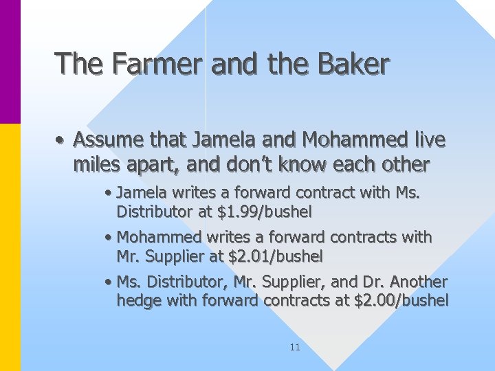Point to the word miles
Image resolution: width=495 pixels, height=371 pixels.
click(x=93, y=165)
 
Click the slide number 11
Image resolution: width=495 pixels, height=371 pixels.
click(x=295, y=347)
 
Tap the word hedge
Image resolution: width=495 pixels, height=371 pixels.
click(x=137, y=300)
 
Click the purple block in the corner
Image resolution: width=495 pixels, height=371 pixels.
click(x=10, y=62)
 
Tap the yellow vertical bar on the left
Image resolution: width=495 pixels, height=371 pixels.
click(x=10, y=247)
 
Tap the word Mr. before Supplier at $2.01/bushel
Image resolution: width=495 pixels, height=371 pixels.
click(x=128, y=257)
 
